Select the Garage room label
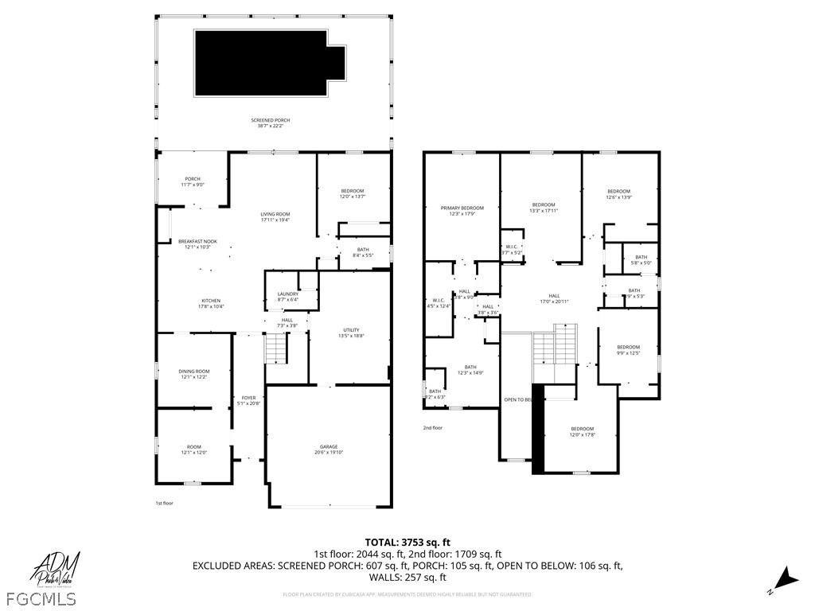coord(329,449)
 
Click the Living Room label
coord(275,216)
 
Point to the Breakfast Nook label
coord(197,243)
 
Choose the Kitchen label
coord(189,303)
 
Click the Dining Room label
coord(194,374)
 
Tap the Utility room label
coord(351,333)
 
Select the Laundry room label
coord(287,297)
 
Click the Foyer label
coord(249,400)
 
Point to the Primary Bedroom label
coord(462,210)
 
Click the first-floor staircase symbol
coord(275,348)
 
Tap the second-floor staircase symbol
coord(554,344)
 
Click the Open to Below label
coord(517,399)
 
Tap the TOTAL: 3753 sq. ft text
coord(407,543)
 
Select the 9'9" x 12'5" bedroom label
coord(628,350)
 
